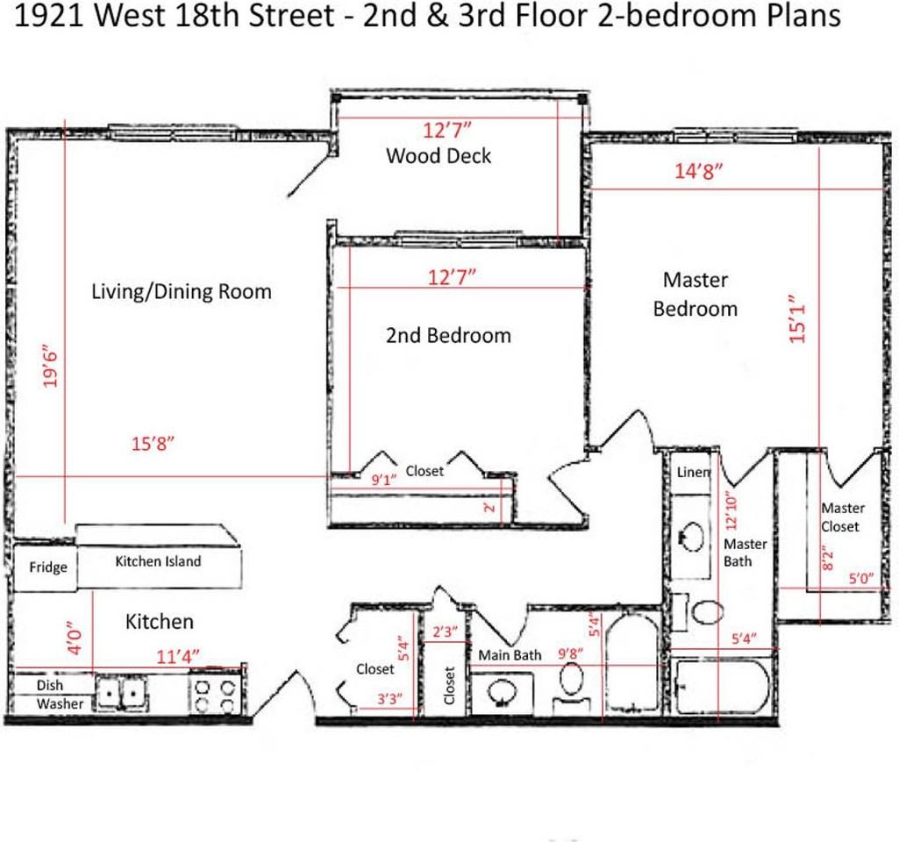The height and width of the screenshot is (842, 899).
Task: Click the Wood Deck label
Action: click(x=439, y=156)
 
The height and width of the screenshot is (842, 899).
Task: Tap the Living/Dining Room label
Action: click(x=182, y=291)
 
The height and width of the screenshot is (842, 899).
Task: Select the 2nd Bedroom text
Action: click(x=448, y=335)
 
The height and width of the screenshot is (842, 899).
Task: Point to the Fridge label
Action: click(x=48, y=567)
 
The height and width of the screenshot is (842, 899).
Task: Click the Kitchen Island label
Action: click(x=158, y=561)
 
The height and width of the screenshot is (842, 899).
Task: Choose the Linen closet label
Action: click(x=693, y=472)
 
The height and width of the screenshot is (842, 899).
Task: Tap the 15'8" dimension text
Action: click(x=153, y=444)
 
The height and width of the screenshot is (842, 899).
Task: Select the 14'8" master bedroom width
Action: click(x=698, y=172)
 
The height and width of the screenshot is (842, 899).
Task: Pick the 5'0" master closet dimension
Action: click(x=860, y=579)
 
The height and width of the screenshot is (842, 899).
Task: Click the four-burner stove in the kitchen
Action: click(x=215, y=695)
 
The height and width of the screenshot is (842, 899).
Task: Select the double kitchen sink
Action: click(x=121, y=694)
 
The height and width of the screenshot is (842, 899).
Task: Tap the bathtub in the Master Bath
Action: click(x=722, y=688)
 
